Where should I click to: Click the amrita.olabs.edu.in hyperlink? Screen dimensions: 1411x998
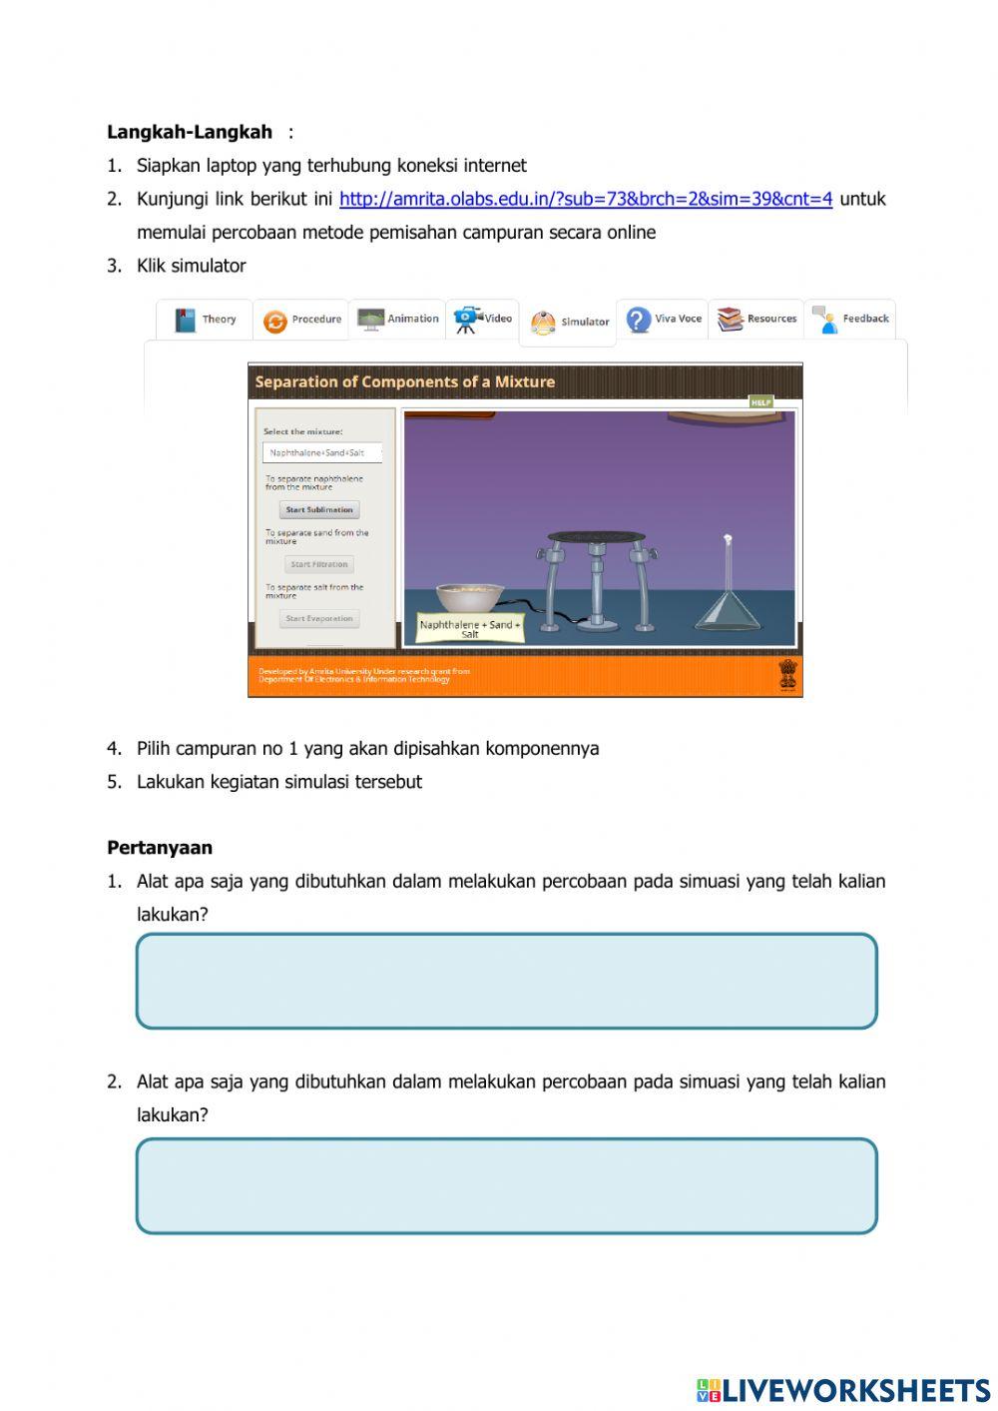585,199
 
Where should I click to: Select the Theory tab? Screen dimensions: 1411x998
206,320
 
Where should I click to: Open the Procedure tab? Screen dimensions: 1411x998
301,320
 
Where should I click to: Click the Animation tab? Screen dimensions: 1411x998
398,319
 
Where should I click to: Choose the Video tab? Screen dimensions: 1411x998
483,319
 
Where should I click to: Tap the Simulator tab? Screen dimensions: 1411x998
569,323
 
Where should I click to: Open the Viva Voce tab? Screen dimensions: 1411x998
663,319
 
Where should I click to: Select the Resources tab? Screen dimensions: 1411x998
756,319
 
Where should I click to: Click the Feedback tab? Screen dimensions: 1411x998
850,319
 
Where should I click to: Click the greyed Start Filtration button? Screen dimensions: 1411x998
319,564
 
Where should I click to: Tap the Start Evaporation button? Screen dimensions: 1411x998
319,619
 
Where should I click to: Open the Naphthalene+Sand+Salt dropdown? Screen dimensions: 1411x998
322,452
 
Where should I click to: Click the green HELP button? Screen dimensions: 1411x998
761,401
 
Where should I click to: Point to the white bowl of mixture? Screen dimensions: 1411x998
469,597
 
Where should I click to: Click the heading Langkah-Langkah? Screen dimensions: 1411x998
190,132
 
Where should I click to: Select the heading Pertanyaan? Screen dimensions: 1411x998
160,848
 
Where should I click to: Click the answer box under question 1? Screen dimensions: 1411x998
506,981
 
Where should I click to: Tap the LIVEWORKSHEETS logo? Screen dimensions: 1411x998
843,1390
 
